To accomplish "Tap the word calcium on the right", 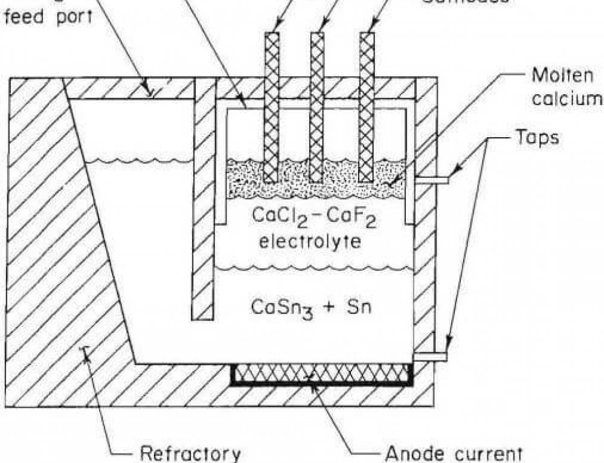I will pos(568,99).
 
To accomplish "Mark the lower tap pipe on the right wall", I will pos(430,357).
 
